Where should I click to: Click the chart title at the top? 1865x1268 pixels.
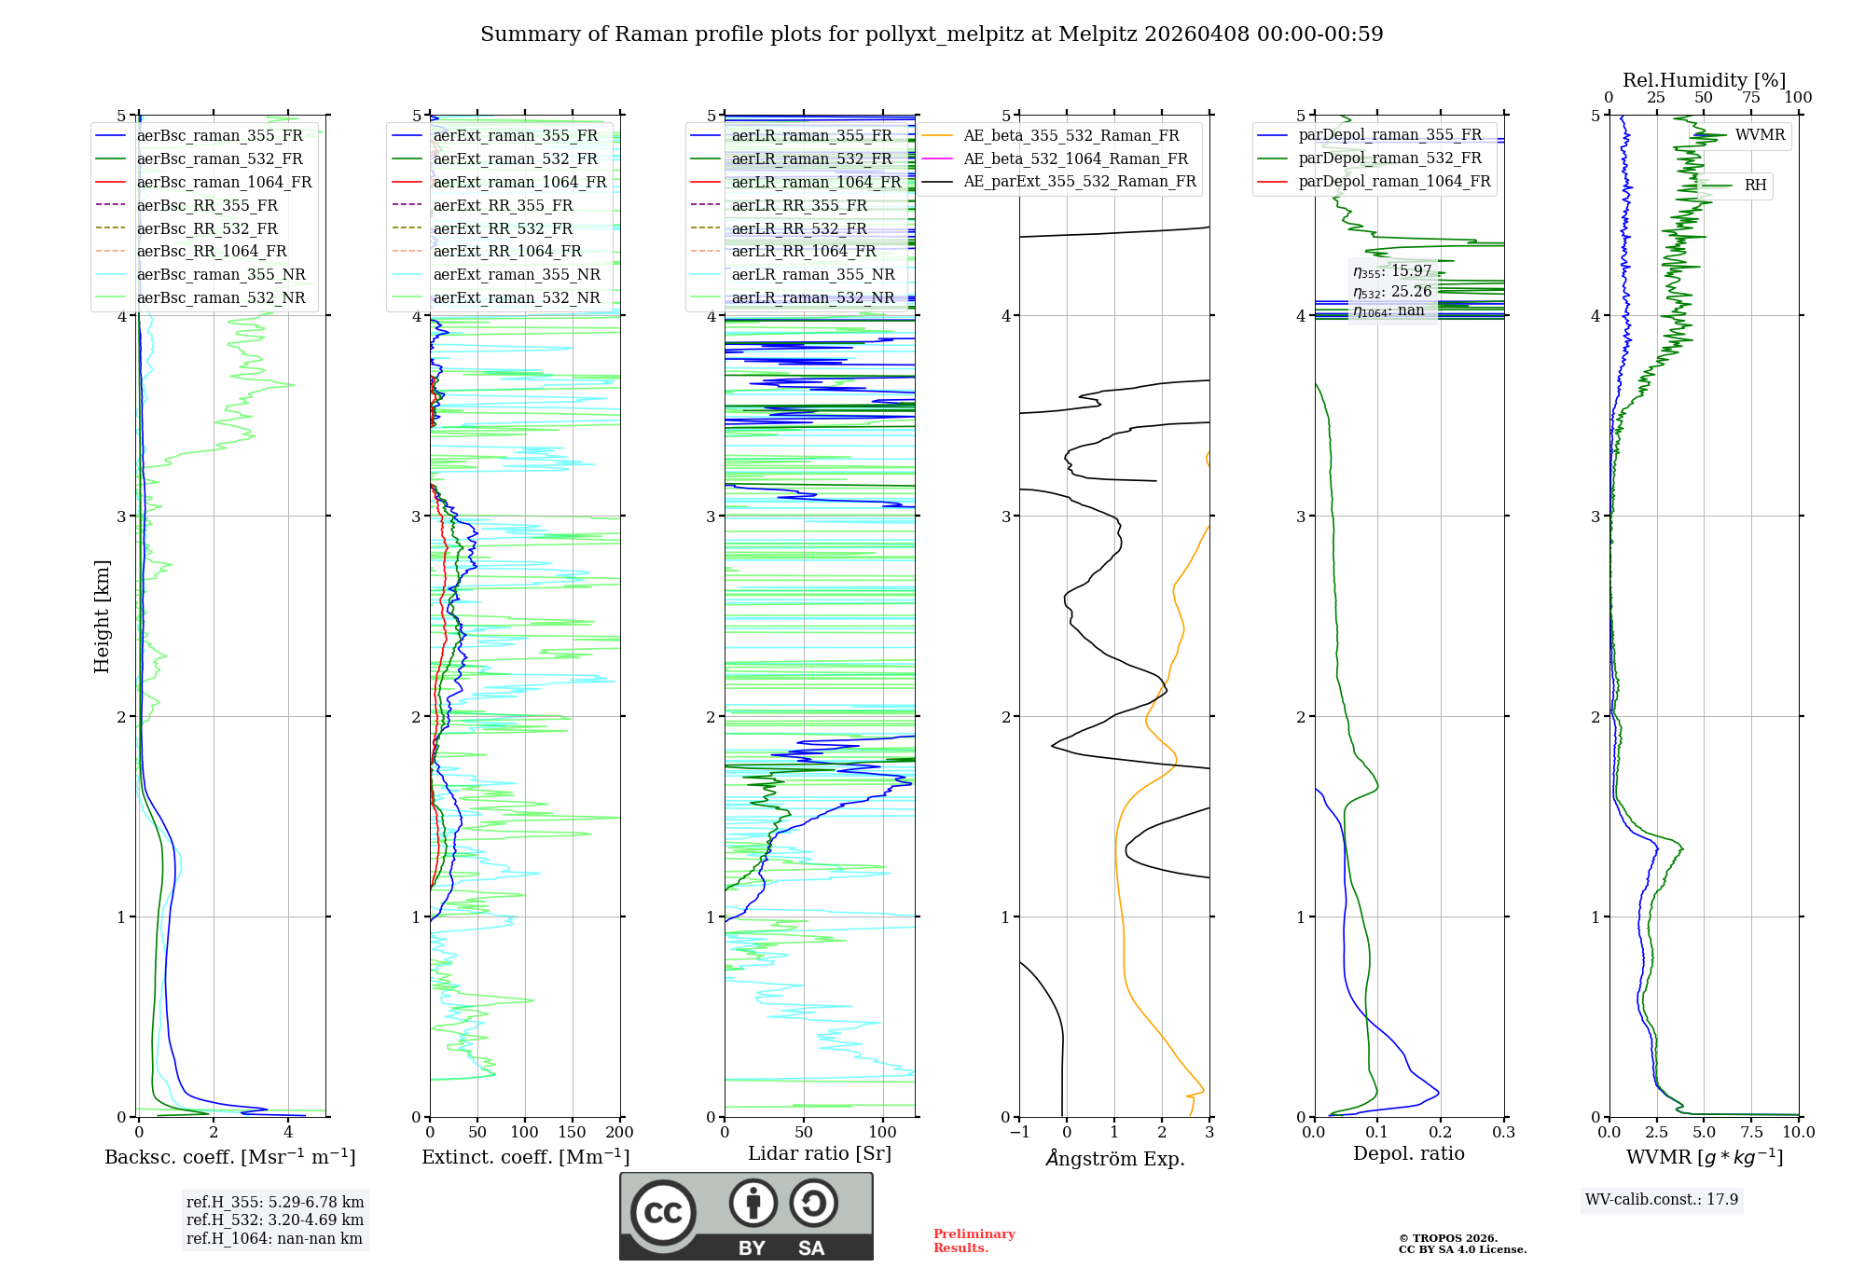point(932,34)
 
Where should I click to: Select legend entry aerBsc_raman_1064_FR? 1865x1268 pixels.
point(224,182)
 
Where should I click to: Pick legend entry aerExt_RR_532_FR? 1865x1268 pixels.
point(503,228)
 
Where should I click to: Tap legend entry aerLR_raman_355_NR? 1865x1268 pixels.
point(812,274)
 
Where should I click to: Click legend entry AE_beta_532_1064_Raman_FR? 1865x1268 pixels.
point(1075,158)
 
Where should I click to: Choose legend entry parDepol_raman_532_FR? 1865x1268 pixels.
point(1389,158)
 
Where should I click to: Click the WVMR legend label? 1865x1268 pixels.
point(1760,135)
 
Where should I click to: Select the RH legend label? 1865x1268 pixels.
point(1755,186)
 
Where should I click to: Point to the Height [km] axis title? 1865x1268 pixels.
point(102,616)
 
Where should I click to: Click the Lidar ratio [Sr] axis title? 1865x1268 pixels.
point(820,1153)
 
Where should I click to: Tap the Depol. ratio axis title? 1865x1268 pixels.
point(1408,1153)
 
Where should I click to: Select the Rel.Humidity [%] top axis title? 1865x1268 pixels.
point(1704,80)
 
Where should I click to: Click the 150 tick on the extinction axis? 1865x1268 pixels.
point(572,1132)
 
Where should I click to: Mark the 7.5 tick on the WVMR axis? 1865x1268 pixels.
point(1751,1132)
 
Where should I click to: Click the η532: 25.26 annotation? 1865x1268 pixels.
point(1392,291)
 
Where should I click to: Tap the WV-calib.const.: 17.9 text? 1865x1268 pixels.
point(1662,1199)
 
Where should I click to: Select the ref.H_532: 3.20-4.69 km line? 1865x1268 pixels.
point(275,1220)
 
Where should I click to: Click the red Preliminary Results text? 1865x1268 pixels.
point(974,1240)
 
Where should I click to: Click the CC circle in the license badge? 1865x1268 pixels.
point(663,1212)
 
